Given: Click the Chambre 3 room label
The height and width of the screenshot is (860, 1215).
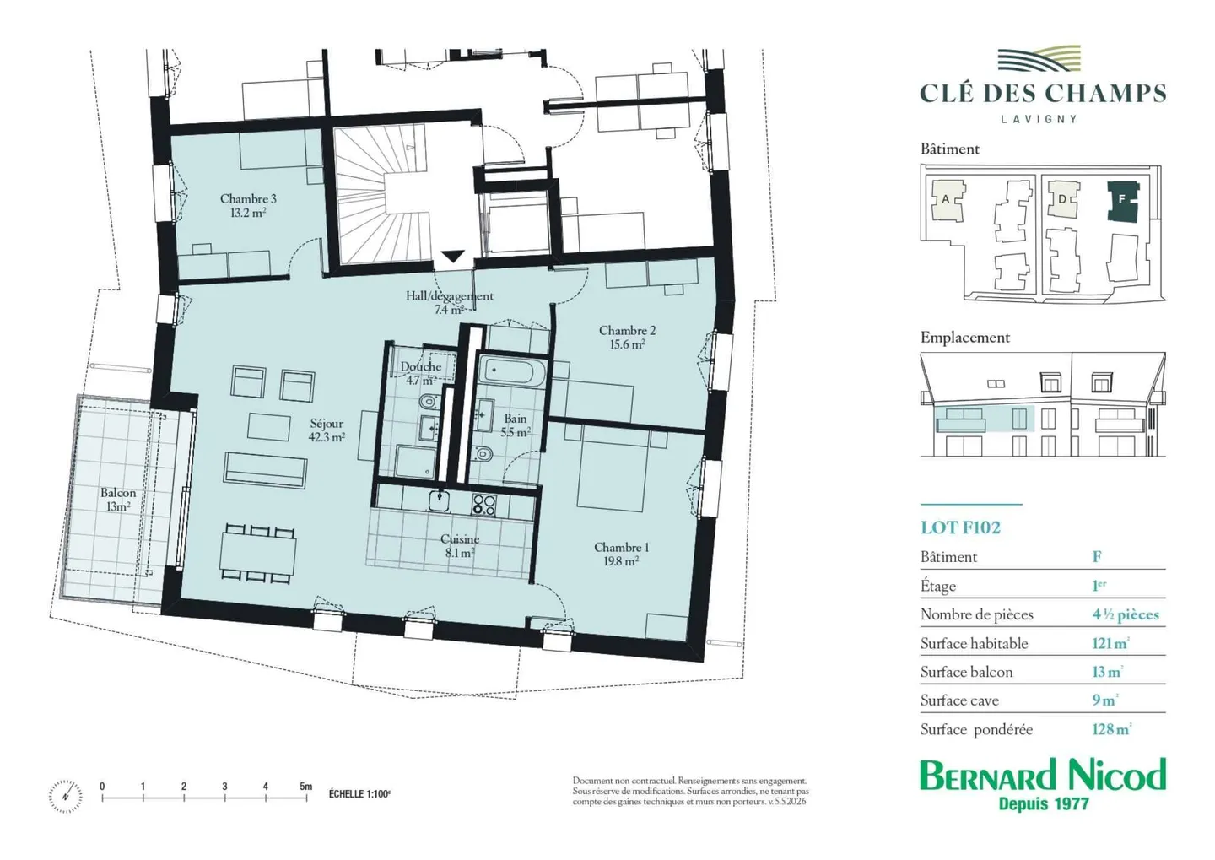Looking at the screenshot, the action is click(x=248, y=205).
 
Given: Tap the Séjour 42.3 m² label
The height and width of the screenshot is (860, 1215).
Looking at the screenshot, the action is click(x=327, y=430).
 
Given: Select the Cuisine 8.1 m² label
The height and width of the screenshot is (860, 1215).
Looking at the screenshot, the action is click(x=459, y=545).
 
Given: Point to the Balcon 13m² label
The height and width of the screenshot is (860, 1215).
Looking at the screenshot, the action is click(x=118, y=499).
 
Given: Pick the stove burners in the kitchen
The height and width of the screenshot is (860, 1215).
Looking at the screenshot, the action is click(x=483, y=504).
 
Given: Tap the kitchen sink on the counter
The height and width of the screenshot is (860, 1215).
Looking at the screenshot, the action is click(x=440, y=501).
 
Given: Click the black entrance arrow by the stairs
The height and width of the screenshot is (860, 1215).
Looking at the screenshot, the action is click(x=452, y=256).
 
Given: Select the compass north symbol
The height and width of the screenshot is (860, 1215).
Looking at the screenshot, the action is click(x=66, y=797).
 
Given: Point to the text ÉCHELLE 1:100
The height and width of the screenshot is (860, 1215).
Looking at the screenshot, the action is click(x=359, y=794).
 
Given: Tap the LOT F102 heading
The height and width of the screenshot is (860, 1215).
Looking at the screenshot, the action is click(x=960, y=528).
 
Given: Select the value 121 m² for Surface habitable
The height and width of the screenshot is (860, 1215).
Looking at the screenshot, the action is click(x=1110, y=643).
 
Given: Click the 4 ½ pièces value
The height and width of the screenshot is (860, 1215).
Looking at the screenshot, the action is click(x=1126, y=614).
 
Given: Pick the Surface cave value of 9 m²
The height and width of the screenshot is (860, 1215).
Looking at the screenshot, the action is click(x=1105, y=700).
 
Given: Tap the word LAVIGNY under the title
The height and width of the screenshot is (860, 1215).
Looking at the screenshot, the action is click(x=1039, y=119).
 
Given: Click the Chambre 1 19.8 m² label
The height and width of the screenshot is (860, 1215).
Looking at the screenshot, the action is click(x=621, y=554).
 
